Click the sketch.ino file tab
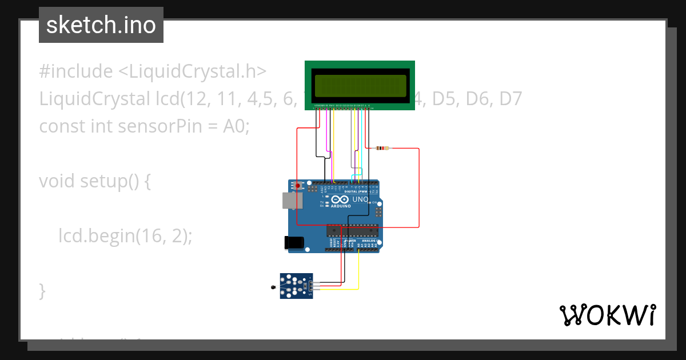click(x=101, y=25)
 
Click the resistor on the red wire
click(x=382, y=149)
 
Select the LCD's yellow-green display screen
click(x=360, y=86)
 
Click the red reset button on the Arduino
click(x=297, y=185)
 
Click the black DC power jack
click(x=293, y=242)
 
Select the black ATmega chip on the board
click(x=352, y=230)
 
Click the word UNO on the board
click(x=360, y=199)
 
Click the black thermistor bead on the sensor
click(x=272, y=287)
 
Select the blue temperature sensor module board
click(x=296, y=286)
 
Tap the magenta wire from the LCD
click(x=328, y=131)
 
